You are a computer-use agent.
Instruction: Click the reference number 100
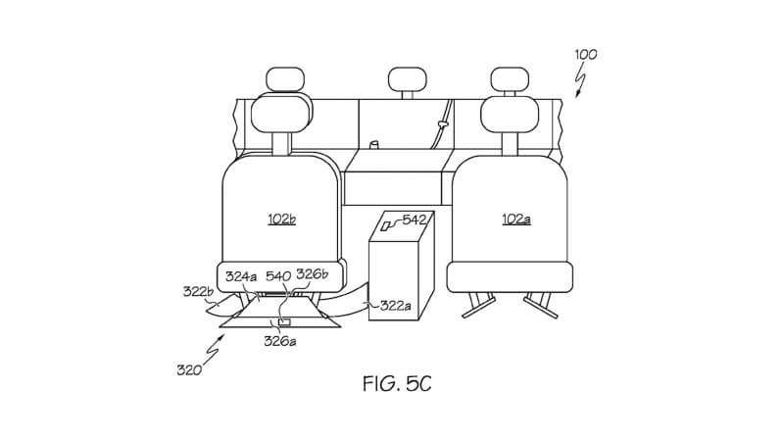585,54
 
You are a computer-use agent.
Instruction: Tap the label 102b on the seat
281,219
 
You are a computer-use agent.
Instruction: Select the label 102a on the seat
516,219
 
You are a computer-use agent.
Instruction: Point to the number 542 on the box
414,220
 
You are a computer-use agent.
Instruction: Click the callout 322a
396,305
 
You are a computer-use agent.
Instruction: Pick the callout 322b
199,291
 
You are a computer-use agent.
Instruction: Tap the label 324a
241,276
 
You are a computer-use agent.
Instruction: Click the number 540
278,276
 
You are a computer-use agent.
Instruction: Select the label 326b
312,274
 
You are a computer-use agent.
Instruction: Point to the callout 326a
280,341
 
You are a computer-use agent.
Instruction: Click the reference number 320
189,370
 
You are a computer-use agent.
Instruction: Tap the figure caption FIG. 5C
397,384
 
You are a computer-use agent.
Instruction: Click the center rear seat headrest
408,80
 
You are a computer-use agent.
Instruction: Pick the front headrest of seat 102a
510,114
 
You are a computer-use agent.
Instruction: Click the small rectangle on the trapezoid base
284,322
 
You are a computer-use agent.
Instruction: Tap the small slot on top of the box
385,226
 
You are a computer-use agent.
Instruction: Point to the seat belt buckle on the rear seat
442,123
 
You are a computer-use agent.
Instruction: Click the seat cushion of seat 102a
510,277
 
